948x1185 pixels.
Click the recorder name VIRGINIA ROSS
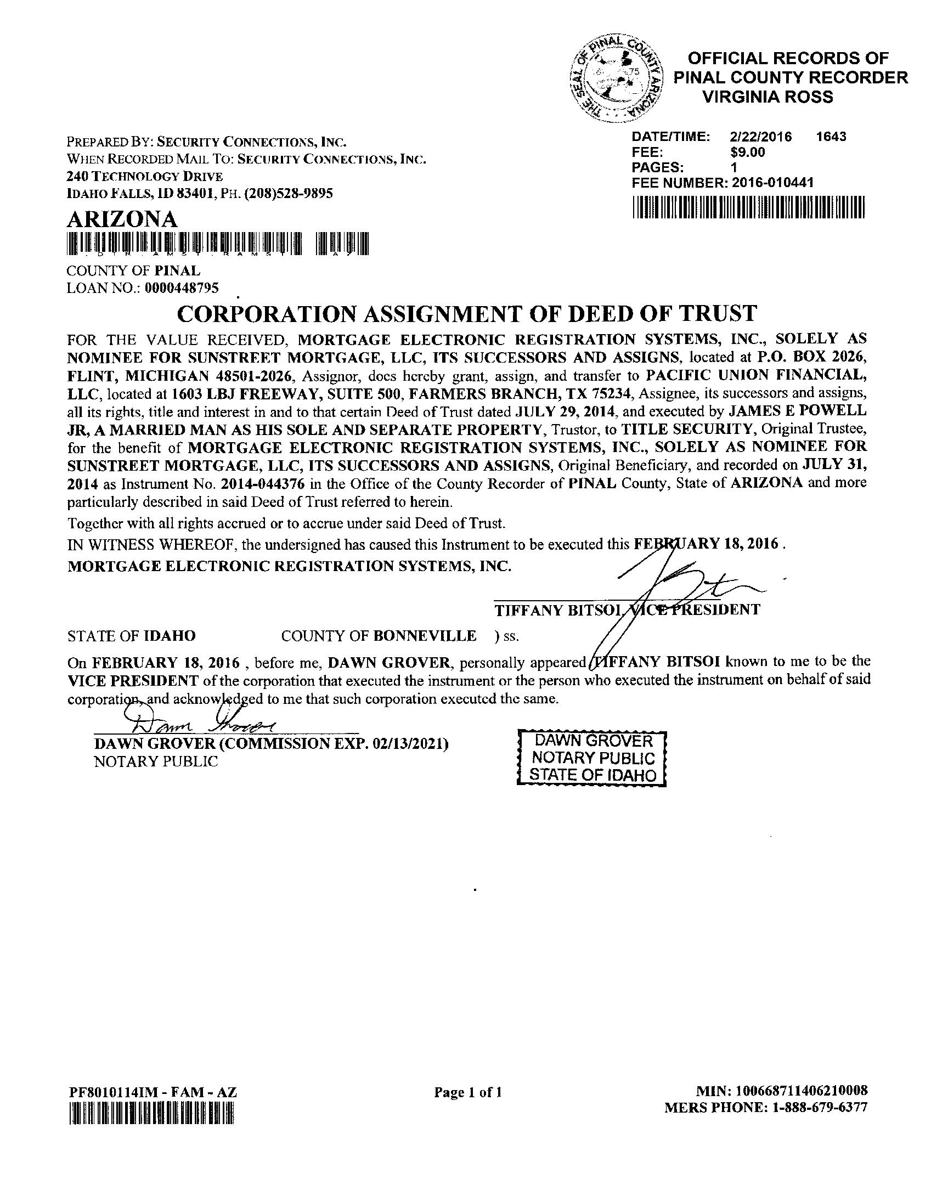click(768, 97)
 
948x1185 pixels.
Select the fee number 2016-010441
click(772, 183)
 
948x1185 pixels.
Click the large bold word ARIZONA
click(122, 219)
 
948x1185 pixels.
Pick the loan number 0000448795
click(182, 288)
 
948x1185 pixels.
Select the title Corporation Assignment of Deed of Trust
click(467, 313)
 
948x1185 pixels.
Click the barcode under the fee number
click(748, 210)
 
